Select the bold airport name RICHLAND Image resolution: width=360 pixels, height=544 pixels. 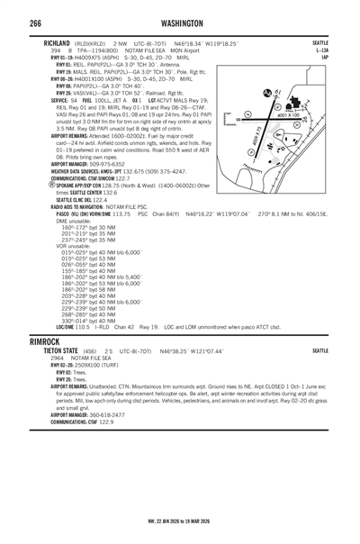58,42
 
